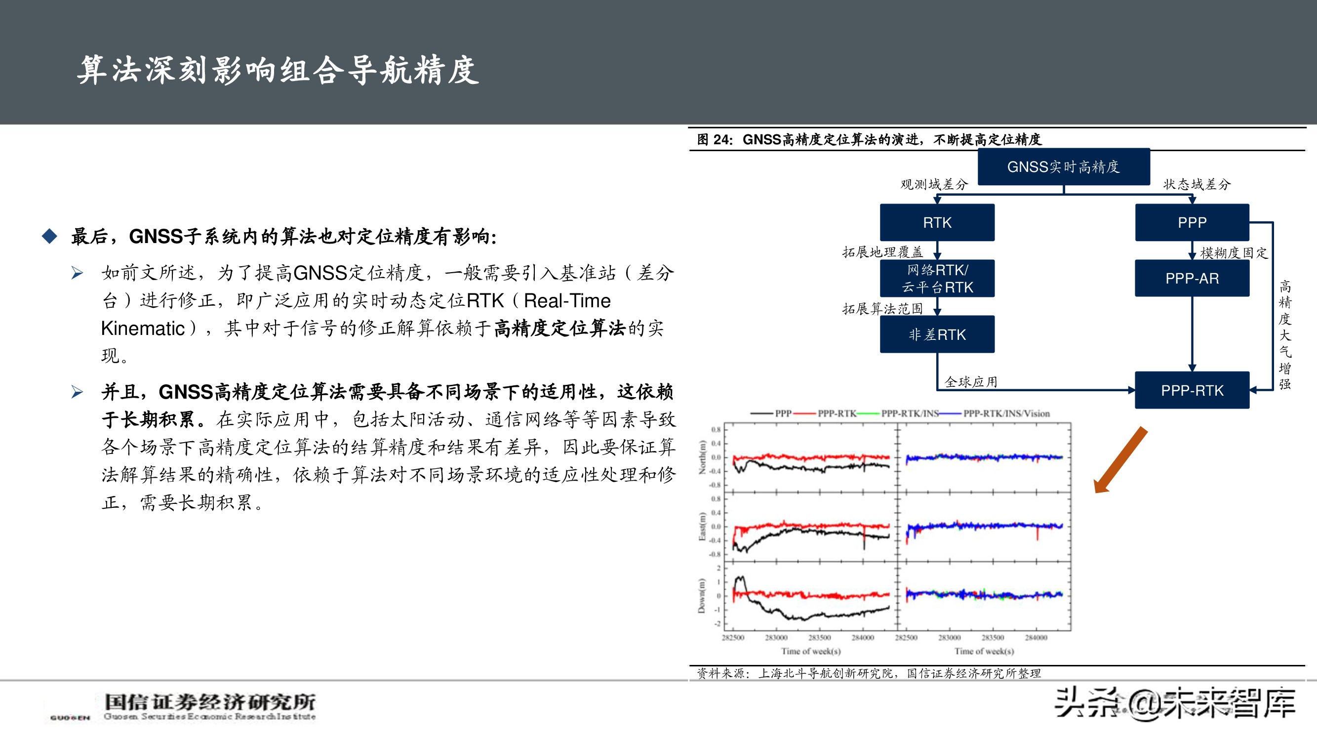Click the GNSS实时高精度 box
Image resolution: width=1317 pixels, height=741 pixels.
[1063, 166]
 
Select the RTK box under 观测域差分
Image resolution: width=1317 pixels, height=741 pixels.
[937, 222]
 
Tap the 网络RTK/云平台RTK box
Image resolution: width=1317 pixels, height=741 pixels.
[937, 278]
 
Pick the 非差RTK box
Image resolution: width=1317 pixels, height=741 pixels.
[937, 334]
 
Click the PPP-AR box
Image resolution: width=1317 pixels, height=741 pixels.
[1192, 278]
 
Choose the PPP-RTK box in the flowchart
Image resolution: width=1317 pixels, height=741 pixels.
[1192, 390]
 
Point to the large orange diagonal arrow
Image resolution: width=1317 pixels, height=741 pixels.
[1120, 460]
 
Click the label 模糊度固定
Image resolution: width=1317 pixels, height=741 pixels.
[1234, 252]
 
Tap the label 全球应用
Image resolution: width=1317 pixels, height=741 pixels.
[971, 381]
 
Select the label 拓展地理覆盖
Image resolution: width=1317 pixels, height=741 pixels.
[882, 251]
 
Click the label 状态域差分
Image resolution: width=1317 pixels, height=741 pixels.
[1197, 184]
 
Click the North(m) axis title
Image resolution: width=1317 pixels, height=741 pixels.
[703, 457]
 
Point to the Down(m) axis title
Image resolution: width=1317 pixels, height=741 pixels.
[703, 595]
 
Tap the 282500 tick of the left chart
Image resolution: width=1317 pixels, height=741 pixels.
[733, 637]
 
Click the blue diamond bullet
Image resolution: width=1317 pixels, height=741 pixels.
[49, 236]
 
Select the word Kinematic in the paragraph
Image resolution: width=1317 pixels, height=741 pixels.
[143, 329]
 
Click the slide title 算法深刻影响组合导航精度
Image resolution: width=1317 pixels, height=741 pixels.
[279, 70]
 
